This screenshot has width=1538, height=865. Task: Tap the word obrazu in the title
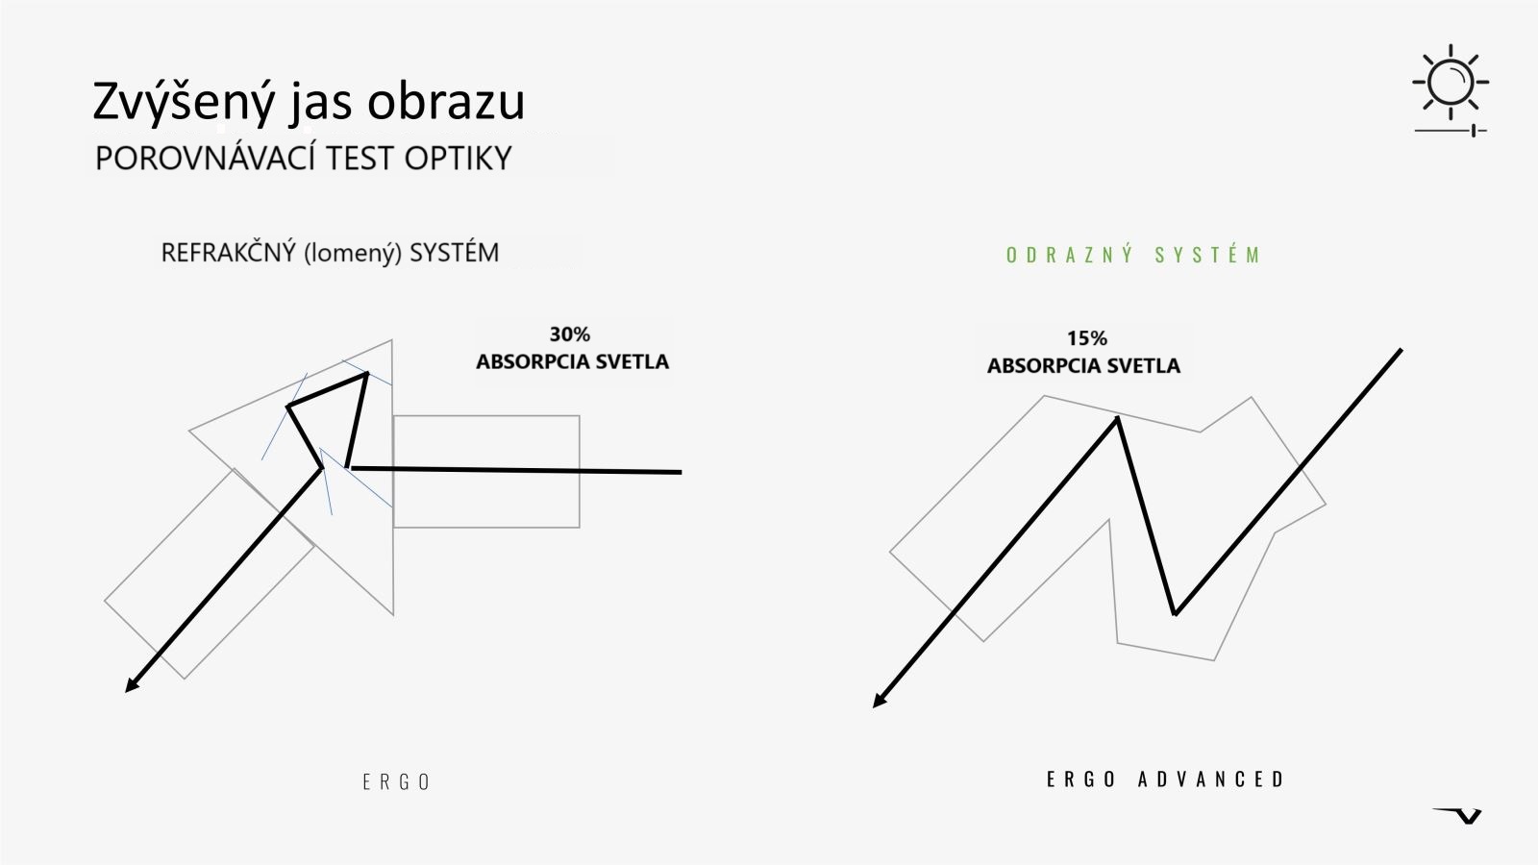(446, 102)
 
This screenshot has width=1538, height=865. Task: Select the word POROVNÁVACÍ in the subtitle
(206, 158)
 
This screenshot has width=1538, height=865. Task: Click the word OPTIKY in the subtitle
(458, 159)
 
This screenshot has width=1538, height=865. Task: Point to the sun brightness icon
(1451, 83)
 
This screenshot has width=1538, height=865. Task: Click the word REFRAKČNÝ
(228, 253)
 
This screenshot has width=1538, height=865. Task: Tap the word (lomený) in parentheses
(352, 254)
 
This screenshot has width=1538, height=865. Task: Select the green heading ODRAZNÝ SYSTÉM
(1133, 255)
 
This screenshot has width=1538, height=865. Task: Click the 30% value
(570, 334)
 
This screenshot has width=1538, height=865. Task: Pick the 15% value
(1087, 337)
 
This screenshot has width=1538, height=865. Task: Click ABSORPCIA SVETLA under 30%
(573, 361)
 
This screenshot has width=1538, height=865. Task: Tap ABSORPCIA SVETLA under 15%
(1083, 366)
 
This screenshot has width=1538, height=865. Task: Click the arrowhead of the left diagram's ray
(131, 686)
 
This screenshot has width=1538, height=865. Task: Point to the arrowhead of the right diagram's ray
(879, 701)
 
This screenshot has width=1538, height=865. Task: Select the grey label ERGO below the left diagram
(396, 782)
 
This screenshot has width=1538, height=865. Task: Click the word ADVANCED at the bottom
(1210, 779)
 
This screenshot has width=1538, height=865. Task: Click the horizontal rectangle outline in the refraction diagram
(486, 416)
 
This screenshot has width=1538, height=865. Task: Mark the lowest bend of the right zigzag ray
(1175, 614)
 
